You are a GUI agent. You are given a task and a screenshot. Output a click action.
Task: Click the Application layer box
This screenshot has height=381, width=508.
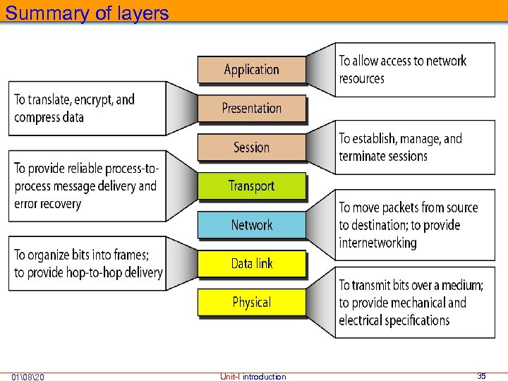[x=251, y=69]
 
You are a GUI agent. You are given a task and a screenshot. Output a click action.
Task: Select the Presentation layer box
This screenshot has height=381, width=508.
[x=251, y=108]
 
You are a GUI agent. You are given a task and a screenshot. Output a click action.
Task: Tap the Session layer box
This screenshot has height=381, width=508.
[x=251, y=147]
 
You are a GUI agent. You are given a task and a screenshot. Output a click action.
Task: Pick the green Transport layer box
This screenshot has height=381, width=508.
[x=251, y=186]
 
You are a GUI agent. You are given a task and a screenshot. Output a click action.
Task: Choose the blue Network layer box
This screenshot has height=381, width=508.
[x=251, y=224]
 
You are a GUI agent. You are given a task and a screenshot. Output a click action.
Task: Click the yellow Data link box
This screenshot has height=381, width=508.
[x=251, y=263]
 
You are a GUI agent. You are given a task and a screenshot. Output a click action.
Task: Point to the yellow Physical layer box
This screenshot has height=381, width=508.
[x=251, y=302]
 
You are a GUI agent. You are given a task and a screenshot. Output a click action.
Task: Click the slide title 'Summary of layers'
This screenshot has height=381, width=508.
[x=87, y=13]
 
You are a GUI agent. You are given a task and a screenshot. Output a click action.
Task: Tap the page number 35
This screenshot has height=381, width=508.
[x=481, y=376]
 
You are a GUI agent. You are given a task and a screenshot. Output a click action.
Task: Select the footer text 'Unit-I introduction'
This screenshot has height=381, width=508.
[x=253, y=377]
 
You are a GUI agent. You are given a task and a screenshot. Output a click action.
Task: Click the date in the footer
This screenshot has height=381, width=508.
[x=29, y=377]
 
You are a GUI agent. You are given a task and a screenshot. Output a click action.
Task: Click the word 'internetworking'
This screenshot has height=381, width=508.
[x=377, y=243]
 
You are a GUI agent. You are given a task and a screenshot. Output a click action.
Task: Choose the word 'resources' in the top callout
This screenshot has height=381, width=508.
[x=361, y=78]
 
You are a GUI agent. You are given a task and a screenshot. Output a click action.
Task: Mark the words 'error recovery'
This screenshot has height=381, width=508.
[x=47, y=204]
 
